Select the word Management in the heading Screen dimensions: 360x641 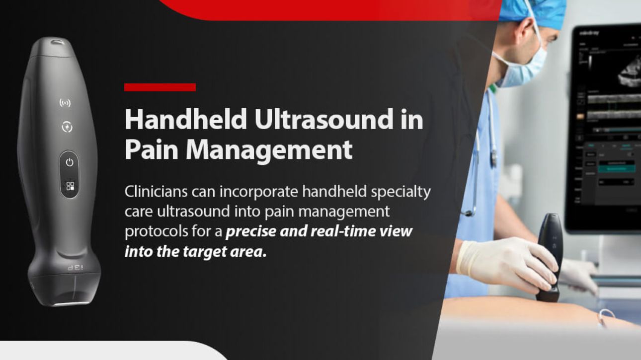pyautogui.click(x=269, y=150)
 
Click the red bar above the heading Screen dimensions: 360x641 pyautogui.click(x=160, y=87)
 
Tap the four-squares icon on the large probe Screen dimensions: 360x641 pyautogui.click(x=70, y=187)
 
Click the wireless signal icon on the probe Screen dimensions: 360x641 pyautogui.click(x=65, y=103)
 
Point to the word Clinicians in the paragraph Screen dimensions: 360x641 pyautogui.click(x=155, y=192)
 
